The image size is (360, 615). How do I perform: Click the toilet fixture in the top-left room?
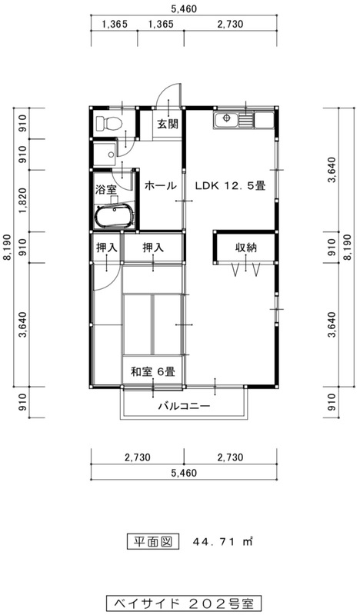(108, 123)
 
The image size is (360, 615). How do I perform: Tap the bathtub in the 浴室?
(115, 217)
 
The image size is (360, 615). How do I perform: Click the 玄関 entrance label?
(168, 125)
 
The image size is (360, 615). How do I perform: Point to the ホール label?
(160, 185)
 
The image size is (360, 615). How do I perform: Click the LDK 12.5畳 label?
(231, 185)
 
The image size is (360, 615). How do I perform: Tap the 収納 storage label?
(245, 248)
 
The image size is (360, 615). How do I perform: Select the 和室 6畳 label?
(152, 371)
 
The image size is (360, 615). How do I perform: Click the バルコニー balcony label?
(184, 406)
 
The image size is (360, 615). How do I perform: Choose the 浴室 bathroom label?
(106, 189)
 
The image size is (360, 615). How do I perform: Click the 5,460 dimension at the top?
(184, 8)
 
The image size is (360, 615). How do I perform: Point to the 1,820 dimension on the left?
(22, 201)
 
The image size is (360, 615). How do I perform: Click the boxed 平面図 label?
(153, 542)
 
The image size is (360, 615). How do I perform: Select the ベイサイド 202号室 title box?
(184, 602)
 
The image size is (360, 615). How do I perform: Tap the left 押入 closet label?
(106, 248)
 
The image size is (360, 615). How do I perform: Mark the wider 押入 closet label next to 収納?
(153, 248)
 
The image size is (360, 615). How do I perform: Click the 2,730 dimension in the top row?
(230, 25)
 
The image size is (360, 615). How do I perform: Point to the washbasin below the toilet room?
(105, 155)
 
